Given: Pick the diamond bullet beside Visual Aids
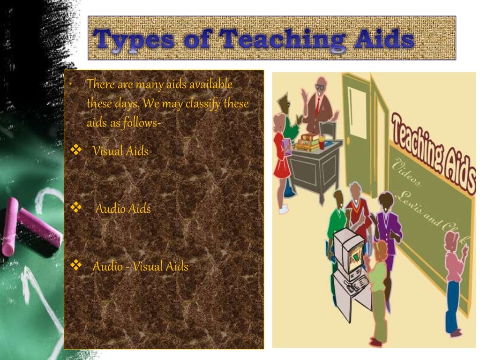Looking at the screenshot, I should coord(75,150).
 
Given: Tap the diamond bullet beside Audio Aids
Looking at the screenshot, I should coord(75,207).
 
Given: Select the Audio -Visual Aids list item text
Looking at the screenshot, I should coord(140,266).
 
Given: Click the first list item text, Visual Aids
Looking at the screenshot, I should coord(120,151).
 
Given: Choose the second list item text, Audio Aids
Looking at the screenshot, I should coord(123,209).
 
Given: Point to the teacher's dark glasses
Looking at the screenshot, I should coord(320,87).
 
